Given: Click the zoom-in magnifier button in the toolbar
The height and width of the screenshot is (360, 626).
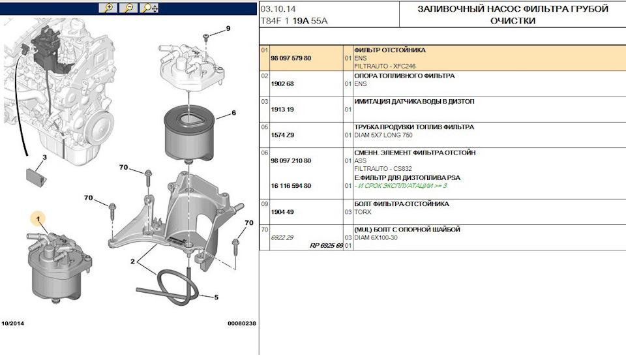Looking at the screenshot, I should [108, 8].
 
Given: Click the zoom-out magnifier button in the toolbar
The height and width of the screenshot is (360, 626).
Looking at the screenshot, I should [129, 8].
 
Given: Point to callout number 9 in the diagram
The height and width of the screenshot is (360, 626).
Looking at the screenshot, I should [228, 28].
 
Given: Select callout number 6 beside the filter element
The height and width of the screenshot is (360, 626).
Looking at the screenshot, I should [233, 113].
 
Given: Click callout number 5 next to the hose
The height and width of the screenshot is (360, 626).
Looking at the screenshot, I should [216, 298].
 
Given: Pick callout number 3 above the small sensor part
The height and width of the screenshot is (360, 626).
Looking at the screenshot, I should [44, 157].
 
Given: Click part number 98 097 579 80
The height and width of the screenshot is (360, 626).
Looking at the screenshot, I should [290, 58].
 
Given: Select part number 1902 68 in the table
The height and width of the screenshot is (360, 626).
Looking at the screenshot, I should [282, 84].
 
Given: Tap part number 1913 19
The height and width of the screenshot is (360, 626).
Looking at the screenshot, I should [282, 110].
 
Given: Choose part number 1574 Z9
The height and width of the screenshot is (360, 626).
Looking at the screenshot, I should [282, 135].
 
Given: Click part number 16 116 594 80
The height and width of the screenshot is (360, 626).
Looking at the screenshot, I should [290, 186].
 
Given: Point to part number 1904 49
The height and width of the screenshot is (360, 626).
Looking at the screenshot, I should [282, 212].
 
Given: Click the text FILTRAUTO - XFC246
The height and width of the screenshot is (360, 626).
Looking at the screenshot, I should [385, 67].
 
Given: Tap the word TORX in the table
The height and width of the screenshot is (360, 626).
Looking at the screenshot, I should [363, 212].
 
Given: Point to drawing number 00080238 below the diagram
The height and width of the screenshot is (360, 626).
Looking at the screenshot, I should [241, 323].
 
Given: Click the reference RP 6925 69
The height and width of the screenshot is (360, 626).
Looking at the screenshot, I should [326, 246].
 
